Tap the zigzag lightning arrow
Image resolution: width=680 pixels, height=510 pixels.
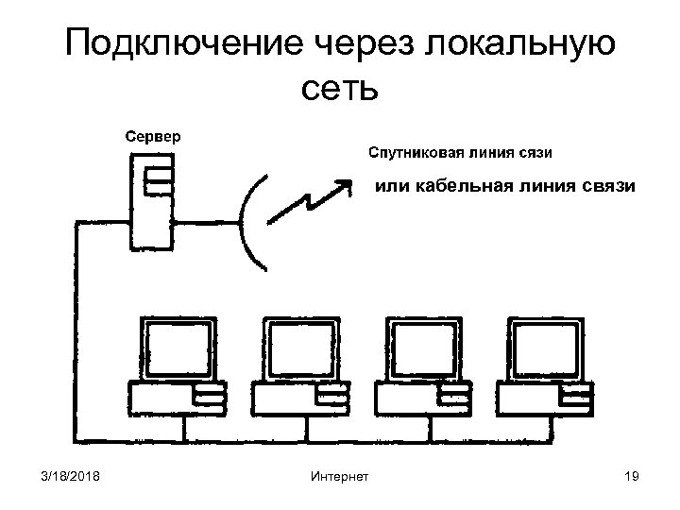pyautogui.click(x=307, y=199)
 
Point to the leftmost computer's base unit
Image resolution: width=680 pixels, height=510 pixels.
pyautogui.click(x=177, y=399)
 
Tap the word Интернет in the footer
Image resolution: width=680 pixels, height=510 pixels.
pyautogui.click(x=339, y=476)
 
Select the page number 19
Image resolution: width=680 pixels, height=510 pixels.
pyautogui.click(x=632, y=476)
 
